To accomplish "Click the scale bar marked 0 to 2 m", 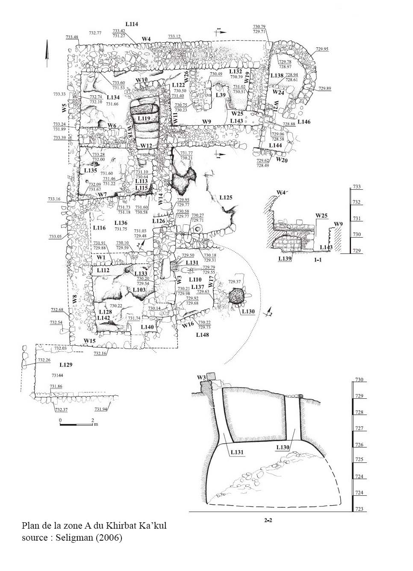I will click(x=77, y=424).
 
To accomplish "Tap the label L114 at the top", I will click(x=132, y=24).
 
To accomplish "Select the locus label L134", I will click(x=113, y=97).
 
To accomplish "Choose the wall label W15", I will click(x=89, y=341).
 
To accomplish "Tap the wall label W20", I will click(x=281, y=159).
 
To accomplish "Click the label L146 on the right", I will click(x=304, y=122).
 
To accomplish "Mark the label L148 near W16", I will click(x=202, y=335).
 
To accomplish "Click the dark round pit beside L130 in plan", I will click(x=236, y=296).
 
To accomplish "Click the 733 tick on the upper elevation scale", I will click(x=357, y=187).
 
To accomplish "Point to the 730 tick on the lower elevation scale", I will click(x=359, y=380).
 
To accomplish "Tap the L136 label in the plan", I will click(x=121, y=223).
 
